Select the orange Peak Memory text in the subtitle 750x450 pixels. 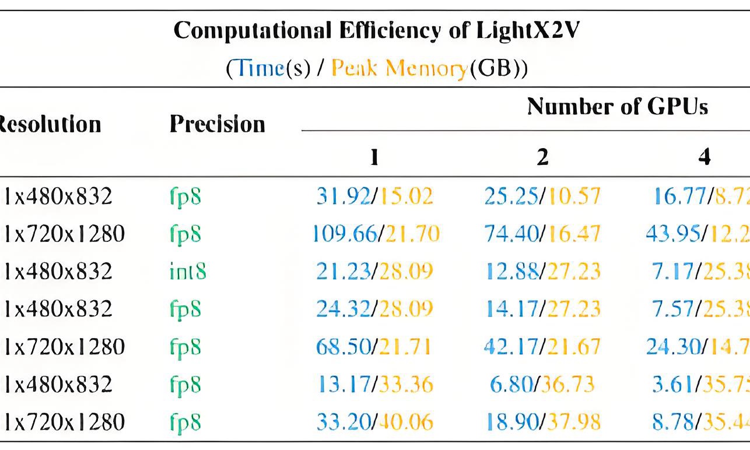click(x=399, y=69)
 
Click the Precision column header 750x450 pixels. click(x=217, y=124)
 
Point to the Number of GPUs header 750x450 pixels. click(x=617, y=106)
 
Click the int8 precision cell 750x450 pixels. click(x=185, y=272)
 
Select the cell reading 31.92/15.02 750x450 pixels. click(x=375, y=197)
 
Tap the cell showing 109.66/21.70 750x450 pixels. click(x=376, y=234)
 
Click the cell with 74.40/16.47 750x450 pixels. click(x=542, y=234)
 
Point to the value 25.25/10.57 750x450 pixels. click(x=542, y=197)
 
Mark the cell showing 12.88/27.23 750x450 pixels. click(x=542, y=272)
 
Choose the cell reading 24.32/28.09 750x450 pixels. click(x=375, y=309)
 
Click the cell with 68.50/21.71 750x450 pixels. click(x=375, y=347)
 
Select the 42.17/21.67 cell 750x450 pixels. click(x=542, y=347)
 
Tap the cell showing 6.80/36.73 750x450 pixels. click(x=542, y=385)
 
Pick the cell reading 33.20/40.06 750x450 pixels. click(x=375, y=422)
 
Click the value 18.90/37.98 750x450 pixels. click(x=542, y=422)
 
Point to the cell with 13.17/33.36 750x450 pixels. click(x=375, y=385)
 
